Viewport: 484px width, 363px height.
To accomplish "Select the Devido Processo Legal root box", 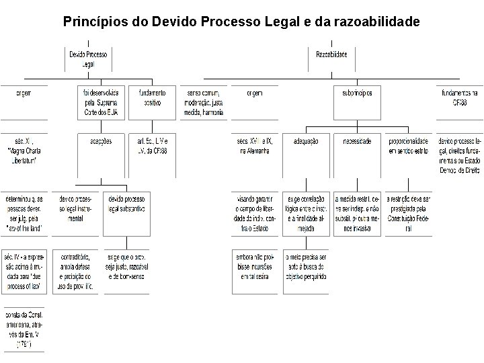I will pos(88,58).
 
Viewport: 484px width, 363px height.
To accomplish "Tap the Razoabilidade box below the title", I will pos(331,54).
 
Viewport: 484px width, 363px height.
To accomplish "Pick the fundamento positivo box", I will pos(152,97).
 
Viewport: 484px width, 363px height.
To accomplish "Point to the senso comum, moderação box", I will pos(205,102).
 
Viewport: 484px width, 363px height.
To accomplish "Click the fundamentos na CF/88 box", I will pos(459,97).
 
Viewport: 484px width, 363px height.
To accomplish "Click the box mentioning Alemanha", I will pos(253,147).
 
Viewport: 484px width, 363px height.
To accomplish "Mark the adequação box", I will pos(307,142).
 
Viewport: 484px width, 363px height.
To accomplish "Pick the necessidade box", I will pos(357,142).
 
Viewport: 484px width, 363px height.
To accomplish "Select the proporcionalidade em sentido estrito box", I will pos(408,147).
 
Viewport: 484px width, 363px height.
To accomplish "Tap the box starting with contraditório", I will pos(76,272).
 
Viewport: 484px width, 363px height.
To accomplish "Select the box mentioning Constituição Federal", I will pos(408,214).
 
